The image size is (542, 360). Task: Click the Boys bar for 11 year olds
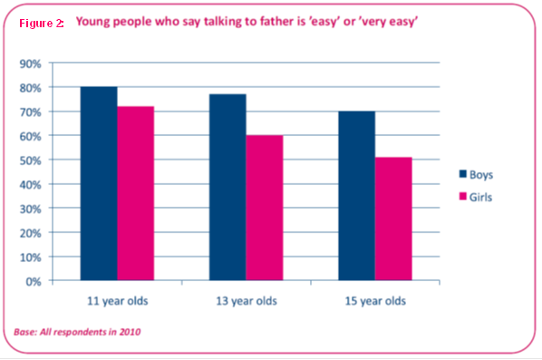click(99, 183)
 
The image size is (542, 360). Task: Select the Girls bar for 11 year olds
click(136, 193)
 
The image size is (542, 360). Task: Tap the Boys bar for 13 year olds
click(227, 187)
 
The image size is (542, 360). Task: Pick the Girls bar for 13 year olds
click(265, 208)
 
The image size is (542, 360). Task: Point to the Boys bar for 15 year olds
click(357, 196)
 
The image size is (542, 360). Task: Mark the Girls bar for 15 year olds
click(393, 219)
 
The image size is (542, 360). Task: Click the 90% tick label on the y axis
click(31, 64)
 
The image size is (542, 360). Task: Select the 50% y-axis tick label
click(31, 161)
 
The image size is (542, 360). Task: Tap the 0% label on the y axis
click(34, 282)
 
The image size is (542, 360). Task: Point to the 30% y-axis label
click(31, 209)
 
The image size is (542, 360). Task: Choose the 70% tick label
click(31, 112)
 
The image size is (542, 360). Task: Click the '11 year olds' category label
click(118, 301)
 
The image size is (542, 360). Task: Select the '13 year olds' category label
click(247, 301)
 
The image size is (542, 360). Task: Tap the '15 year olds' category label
click(375, 301)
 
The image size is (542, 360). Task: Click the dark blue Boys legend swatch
click(463, 173)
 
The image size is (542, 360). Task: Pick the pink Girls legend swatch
click(463, 197)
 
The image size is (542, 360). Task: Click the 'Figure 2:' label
click(42, 24)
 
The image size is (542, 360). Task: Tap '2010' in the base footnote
click(130, 332)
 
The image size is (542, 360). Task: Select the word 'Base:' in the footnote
click(25, 332)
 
